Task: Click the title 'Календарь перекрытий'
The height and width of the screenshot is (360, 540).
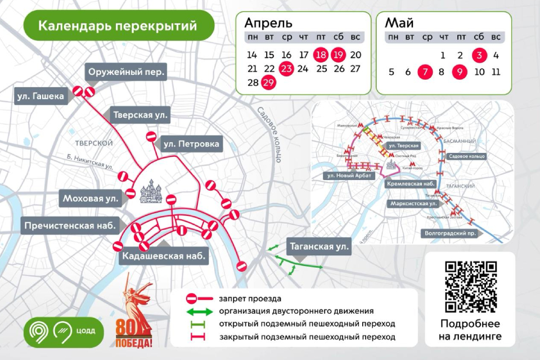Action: [x=118, y=25]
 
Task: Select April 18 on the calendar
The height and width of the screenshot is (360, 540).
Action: [x=321, y=55]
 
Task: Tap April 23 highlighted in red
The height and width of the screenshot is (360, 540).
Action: [x=286, y=69]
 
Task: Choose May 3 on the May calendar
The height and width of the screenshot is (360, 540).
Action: [x=479, y=55]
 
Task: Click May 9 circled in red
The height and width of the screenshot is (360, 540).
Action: [x=461, y=72]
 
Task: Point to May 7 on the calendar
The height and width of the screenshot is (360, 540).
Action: [x=425, y=72]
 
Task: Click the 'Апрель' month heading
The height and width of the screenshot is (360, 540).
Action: [x=268, y=23]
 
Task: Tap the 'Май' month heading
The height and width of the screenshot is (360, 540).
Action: [x=399, y=23]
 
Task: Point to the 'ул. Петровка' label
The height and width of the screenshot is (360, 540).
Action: [x=191, y=144]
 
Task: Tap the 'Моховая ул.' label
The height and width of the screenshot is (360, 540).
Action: [x=91, y=198]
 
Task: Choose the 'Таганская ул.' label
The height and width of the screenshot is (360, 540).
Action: [x=319, y=246]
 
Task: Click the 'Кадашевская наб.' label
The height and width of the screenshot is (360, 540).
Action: [x=163, y=256]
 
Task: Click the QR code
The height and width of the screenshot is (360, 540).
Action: [x=470, y=286]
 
